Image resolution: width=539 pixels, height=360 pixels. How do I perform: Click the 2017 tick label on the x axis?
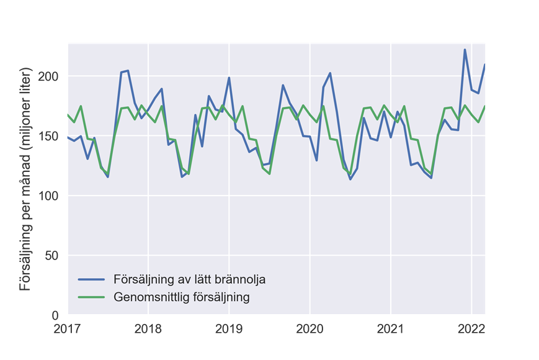pos(67,328)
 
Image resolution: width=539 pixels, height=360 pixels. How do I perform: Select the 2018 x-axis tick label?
pos(148,328)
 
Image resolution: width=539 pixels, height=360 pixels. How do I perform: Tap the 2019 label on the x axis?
pos(229,328)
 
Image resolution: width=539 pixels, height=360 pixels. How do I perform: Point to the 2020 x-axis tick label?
pos(310,328)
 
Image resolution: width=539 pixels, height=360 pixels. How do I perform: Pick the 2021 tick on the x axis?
pos(391,328)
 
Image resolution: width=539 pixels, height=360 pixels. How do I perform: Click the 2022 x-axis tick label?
pos(471,328)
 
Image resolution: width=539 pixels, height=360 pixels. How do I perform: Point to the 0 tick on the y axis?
pos(55,316)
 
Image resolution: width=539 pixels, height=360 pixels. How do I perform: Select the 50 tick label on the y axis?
pos(51,256)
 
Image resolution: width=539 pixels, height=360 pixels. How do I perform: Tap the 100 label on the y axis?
pos(47,196)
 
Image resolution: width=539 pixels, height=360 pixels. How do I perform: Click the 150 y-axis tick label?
pos(47,136)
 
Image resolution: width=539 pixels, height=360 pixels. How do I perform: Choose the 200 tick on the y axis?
pos(47,76)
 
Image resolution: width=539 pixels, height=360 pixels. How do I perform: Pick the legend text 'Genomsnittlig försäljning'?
pos(182,297)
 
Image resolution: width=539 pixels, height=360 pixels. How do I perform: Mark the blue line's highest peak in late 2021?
pos(465,50)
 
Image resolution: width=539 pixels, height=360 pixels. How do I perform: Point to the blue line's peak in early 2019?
pos(229,78)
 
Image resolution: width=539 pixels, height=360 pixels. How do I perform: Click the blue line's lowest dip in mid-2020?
pos(350,179)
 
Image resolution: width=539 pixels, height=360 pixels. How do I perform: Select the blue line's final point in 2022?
pos(485,65)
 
